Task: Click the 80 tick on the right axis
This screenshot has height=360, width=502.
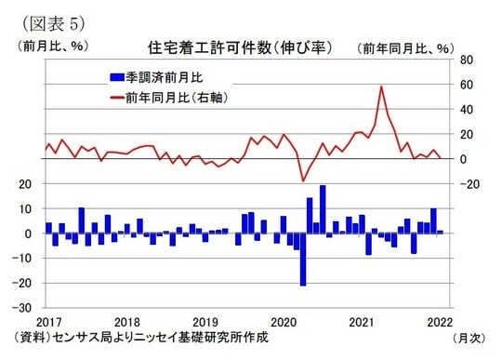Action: pos(467,60)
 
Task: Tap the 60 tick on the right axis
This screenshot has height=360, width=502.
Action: pos(467,85)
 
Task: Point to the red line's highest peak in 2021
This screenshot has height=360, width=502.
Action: pos(382,87)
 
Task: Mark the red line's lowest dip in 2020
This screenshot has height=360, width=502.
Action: pos(302,180)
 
